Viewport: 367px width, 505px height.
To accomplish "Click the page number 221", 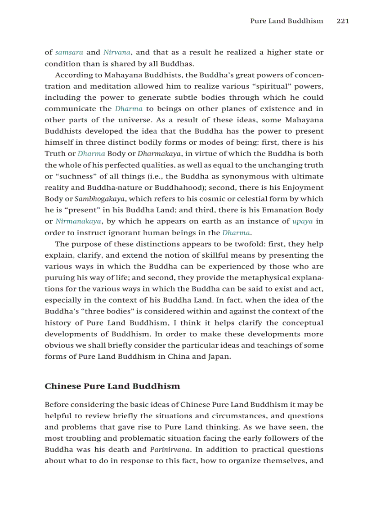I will (343, 21).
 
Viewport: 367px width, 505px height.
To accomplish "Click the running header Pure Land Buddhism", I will (286, 21).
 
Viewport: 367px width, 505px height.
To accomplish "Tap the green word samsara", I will (69, 53).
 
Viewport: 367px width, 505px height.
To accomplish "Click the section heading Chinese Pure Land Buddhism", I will (112, 386).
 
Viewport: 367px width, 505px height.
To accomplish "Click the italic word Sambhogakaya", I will (99, 199).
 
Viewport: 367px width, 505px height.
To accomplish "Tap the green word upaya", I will (302, 221).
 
